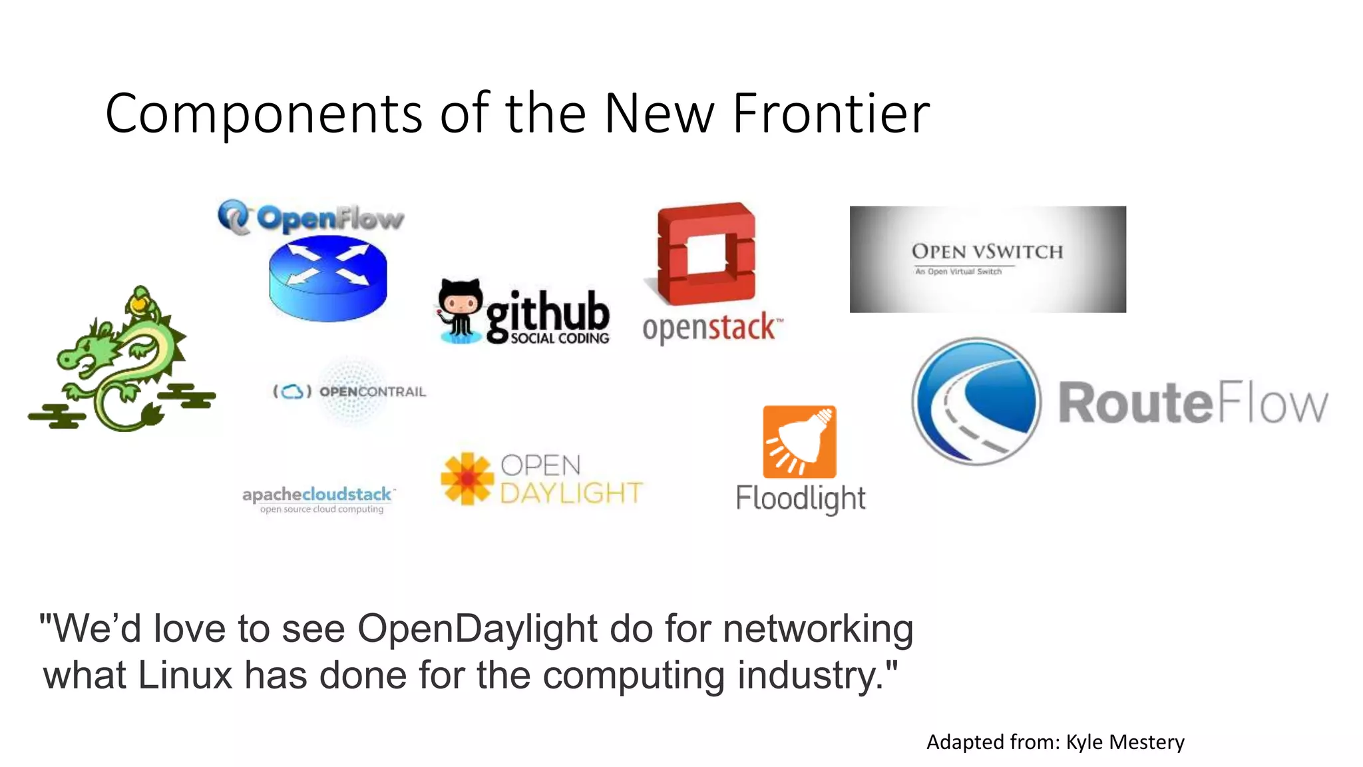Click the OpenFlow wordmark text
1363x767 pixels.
pyautogui.click(x=329, y=218)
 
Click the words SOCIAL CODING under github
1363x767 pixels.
pyautogui.click(x=560, y=338)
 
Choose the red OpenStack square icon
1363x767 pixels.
pyautogui.click(x=707, y=253)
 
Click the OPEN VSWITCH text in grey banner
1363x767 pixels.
pyautogui.click(x=987, y=252)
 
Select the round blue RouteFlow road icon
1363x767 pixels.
pyautogui.click(x=976, y=401)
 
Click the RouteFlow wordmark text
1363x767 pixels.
pyautogui.click(x=1193, y=403)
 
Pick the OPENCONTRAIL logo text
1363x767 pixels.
pyautogui.click(x=372, y=391)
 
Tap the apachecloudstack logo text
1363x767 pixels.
pyautogui.click(x=317, y=495)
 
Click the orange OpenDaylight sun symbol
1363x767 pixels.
pyautogui.click(x=467, y=479)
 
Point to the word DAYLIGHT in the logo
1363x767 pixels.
pyautogui.click(x=571, y=493)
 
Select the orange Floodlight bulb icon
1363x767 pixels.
pyautogui.click(x=799, y=441)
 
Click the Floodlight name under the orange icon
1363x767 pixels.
pyautogui.click(x=801, y=498)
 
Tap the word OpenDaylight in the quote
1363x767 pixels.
pyautogui.click(x=477, y=628)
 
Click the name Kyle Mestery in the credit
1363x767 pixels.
pyautogui.click(x=1125, y=742)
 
